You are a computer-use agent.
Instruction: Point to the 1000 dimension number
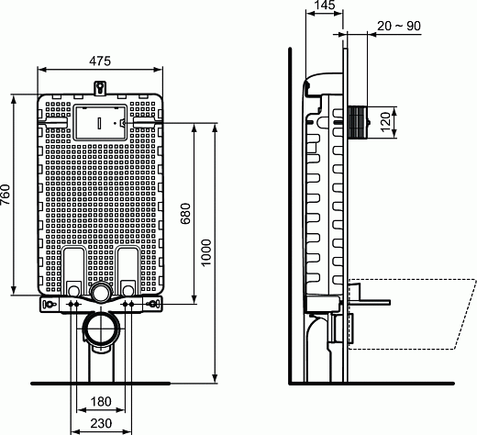click(x=206, y=251)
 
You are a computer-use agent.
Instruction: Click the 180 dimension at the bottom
click(x=101, y=401)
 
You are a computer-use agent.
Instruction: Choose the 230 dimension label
click(x=101, y=424)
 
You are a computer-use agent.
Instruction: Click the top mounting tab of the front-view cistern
click(x=100, y=87)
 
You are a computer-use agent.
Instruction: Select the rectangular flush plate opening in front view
click(x=98, y=120)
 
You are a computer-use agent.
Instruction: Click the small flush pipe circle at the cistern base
click(x=100, y=293)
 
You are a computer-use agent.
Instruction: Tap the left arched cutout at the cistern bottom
click(x=75, y=266)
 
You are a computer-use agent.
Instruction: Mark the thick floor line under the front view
click(x=100, y=382)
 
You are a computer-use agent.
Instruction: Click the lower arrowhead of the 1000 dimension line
click(x=215, y=376)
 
